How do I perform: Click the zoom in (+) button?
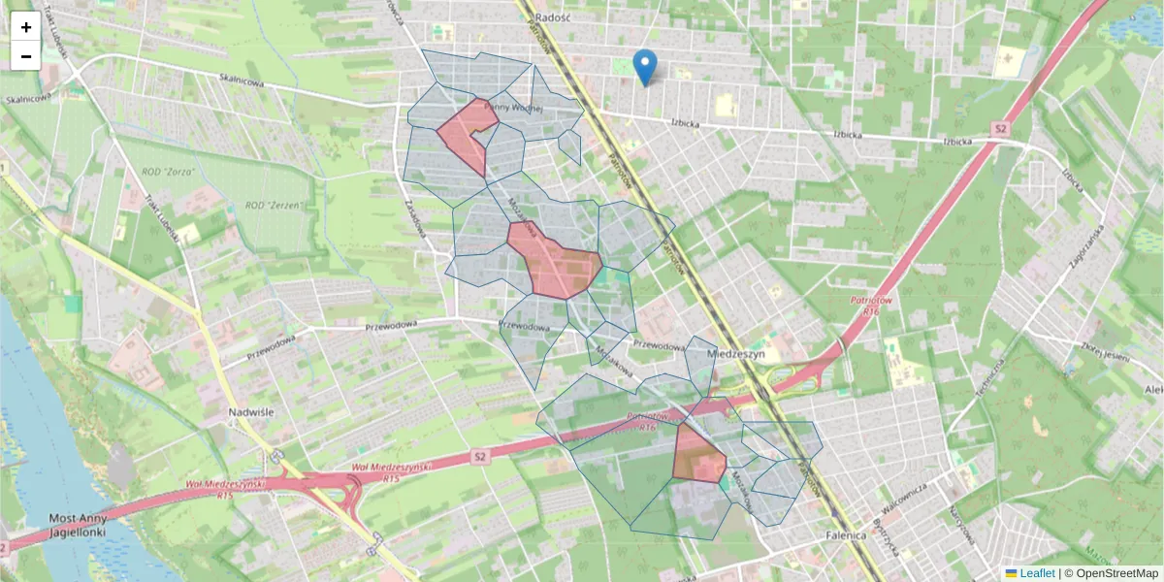click(x=26, y=27)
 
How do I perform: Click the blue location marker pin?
click(x=644, y=67)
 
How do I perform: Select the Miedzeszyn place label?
click(x=738, y=355)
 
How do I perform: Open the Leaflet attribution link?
click(x=1037, y=573)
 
